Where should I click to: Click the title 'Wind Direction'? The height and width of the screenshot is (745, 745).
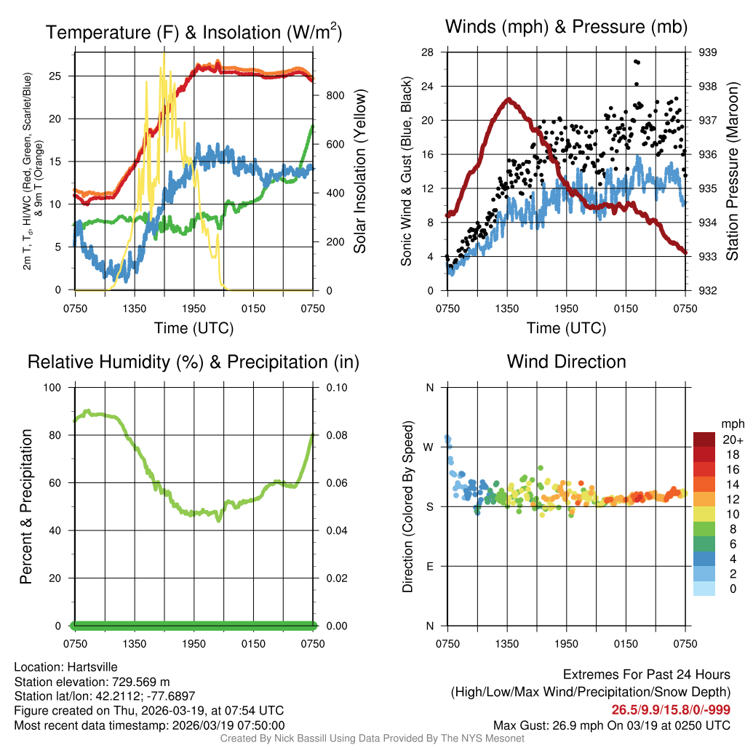pos(566,362)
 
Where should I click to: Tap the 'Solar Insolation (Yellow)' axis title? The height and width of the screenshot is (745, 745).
pos(359,172)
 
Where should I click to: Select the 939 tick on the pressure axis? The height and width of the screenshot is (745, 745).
pos(707,52)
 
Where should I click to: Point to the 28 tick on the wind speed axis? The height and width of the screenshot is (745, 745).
pos(428,52)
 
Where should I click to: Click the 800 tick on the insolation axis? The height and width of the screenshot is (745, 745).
pos(335,95)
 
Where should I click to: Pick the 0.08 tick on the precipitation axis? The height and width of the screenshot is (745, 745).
pos(336,435)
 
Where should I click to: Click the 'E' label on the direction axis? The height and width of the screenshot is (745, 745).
pos(429,566)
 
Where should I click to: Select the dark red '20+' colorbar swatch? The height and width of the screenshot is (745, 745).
pos(704,439)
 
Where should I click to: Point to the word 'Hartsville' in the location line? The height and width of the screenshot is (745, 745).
pos(92,667)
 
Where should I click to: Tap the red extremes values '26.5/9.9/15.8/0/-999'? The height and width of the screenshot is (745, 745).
pos(670,710)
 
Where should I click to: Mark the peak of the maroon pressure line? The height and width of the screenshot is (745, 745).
pos(508,100)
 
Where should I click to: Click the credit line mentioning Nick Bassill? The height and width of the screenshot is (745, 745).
pos(372,738)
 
